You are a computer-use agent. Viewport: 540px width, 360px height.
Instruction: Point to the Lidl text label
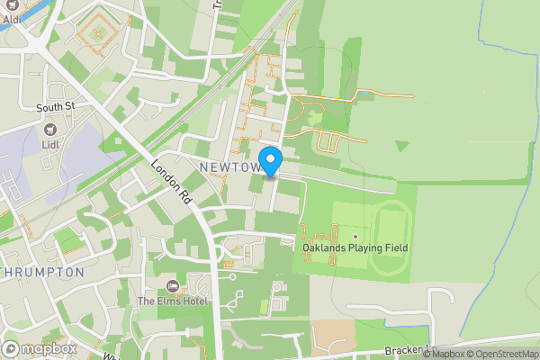(49, 144)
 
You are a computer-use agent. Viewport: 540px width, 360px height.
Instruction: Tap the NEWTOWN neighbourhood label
(230, 169)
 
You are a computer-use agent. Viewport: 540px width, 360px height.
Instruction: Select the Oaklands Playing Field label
(355, 247)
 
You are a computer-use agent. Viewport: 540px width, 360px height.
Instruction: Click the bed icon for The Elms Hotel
(172, 286)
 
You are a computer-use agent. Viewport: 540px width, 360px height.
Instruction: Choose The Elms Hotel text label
(172, 301)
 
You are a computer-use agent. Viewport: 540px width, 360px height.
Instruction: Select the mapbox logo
(40, 348)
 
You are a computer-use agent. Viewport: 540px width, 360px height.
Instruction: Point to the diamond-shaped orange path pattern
(95, 33)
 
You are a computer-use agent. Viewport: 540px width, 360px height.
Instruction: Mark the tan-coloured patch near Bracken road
(332, 337)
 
